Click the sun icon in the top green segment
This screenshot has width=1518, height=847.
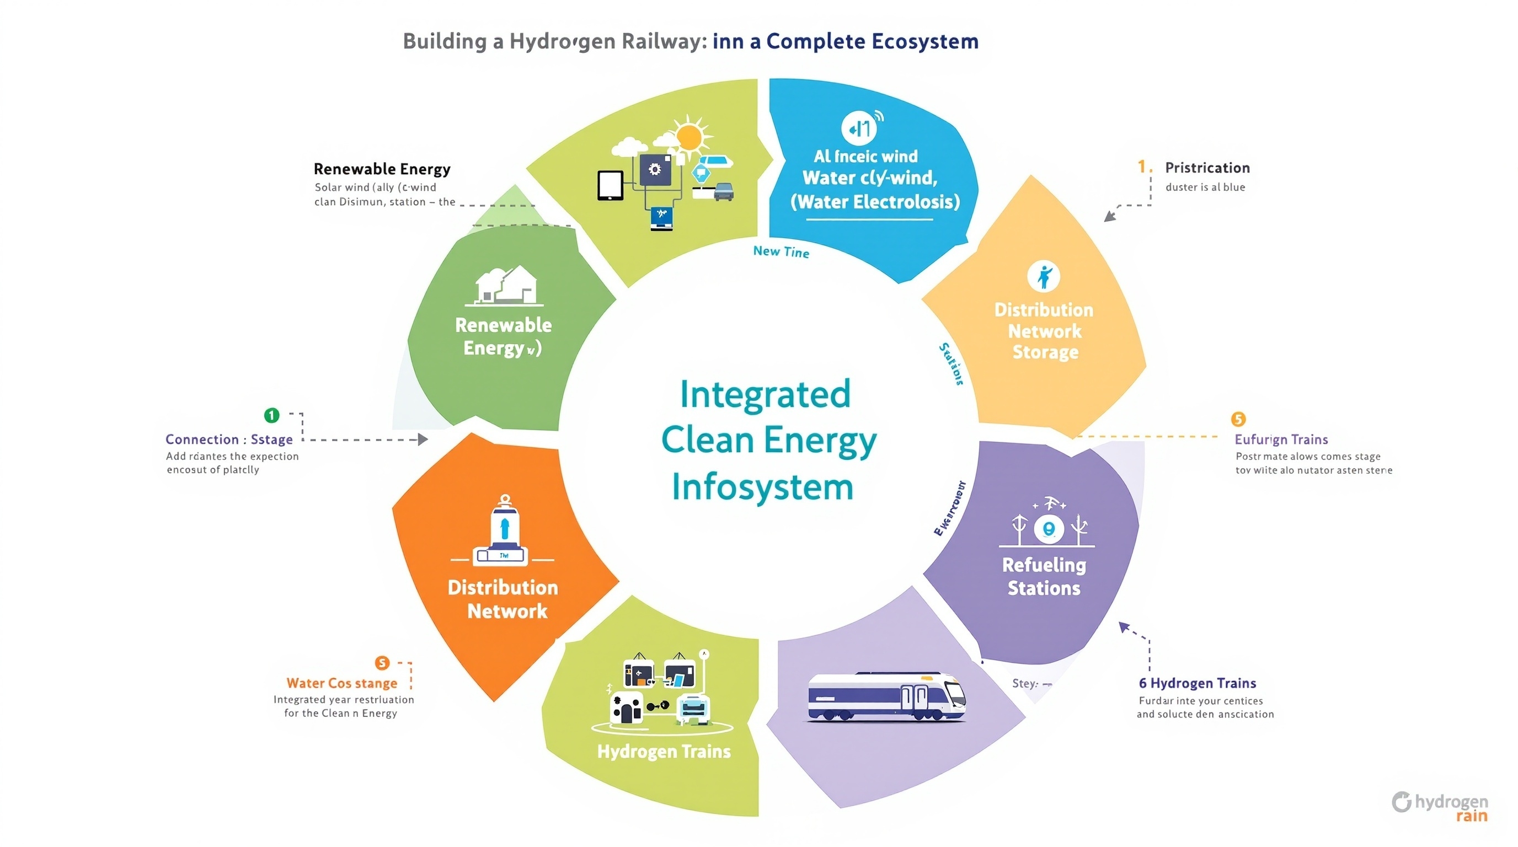pos(689,137)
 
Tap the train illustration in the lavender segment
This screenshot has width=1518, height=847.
pos(887,697)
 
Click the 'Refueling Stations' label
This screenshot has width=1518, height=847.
pos(1044,576)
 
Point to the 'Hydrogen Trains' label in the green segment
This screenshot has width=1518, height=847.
pos(664,752)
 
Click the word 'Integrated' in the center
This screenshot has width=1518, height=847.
pos(765,394)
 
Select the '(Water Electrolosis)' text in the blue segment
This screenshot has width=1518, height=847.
pos(874,202)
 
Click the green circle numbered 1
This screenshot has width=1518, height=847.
pos(271,415)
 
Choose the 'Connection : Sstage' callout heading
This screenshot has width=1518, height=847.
pos(229,439)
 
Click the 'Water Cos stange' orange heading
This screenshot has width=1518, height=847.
pos(342,683)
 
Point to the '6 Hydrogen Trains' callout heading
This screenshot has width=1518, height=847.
pos(1197,683)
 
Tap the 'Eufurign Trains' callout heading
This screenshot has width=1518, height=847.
pos(1281,439)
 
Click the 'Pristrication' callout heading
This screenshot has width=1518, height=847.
pos(1207,168)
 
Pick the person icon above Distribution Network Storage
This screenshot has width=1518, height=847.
pos(1043,276)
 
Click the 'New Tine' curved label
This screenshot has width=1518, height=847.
pos(781,251)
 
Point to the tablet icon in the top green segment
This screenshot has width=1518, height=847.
pos(610,185)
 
